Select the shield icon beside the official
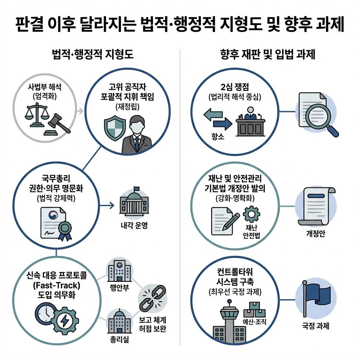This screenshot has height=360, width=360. (x=115, y=127)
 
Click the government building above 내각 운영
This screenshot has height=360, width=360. (x=133, y=203)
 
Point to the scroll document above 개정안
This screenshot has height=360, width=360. (x=314, y=206)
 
